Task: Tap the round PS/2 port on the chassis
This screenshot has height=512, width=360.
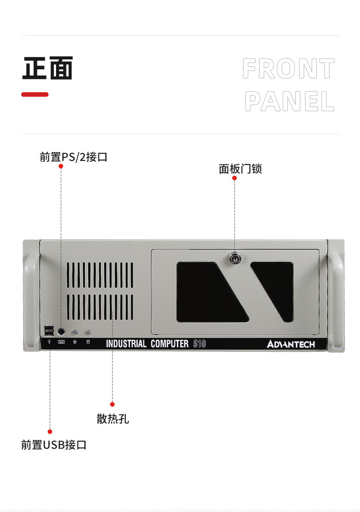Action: click(x=61, y=332)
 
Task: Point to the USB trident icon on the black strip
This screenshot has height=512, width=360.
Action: click(x=49, y=342)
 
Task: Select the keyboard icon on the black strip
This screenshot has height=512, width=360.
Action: click(x=61, y=342)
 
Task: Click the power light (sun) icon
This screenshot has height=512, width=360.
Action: click(x=75, y=342)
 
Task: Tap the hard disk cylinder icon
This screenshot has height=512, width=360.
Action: click(x=88, y=342)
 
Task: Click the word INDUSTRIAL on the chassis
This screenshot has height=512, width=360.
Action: click(x=126, y=343)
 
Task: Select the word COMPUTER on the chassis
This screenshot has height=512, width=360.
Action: click(x=170, y=343)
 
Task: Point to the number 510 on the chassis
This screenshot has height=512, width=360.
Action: click(x=199, y=343)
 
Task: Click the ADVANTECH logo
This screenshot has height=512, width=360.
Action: click(x=291, y=344)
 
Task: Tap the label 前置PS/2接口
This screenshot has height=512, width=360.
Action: click(x=73, y=157)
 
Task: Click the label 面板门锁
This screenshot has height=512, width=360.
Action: click(x=241, y=169)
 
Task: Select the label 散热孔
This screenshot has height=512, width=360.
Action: click(x=113, y=419)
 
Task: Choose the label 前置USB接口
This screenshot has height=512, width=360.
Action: click(x=54, y=445)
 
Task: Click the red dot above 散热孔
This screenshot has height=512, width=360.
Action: click(x=113, y=404)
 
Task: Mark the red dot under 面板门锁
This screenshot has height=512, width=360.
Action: click(x=234, y=178)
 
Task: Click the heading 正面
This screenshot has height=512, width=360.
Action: click(x=48, y=68)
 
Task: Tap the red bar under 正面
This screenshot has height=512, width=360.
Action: click(x=35, y=94)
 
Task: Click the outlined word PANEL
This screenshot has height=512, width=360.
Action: click(x=289, y=101)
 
